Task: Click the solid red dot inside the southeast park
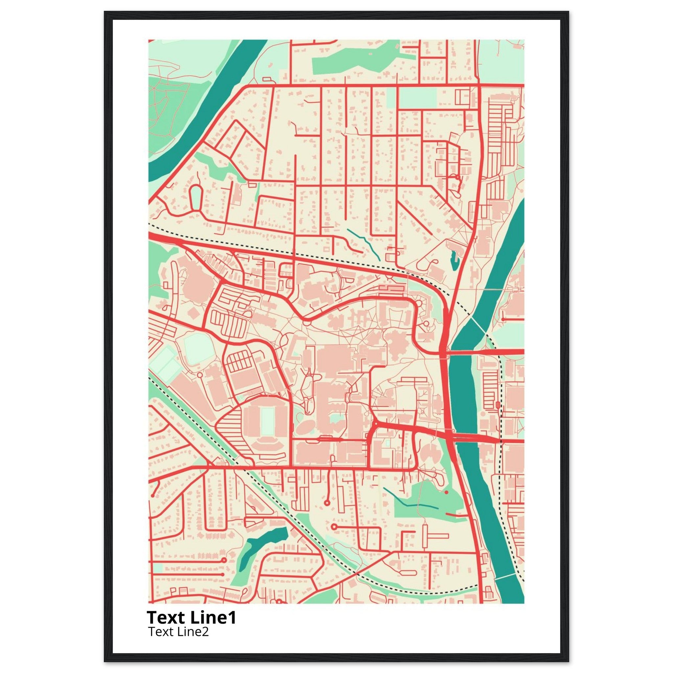[446, 492]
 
